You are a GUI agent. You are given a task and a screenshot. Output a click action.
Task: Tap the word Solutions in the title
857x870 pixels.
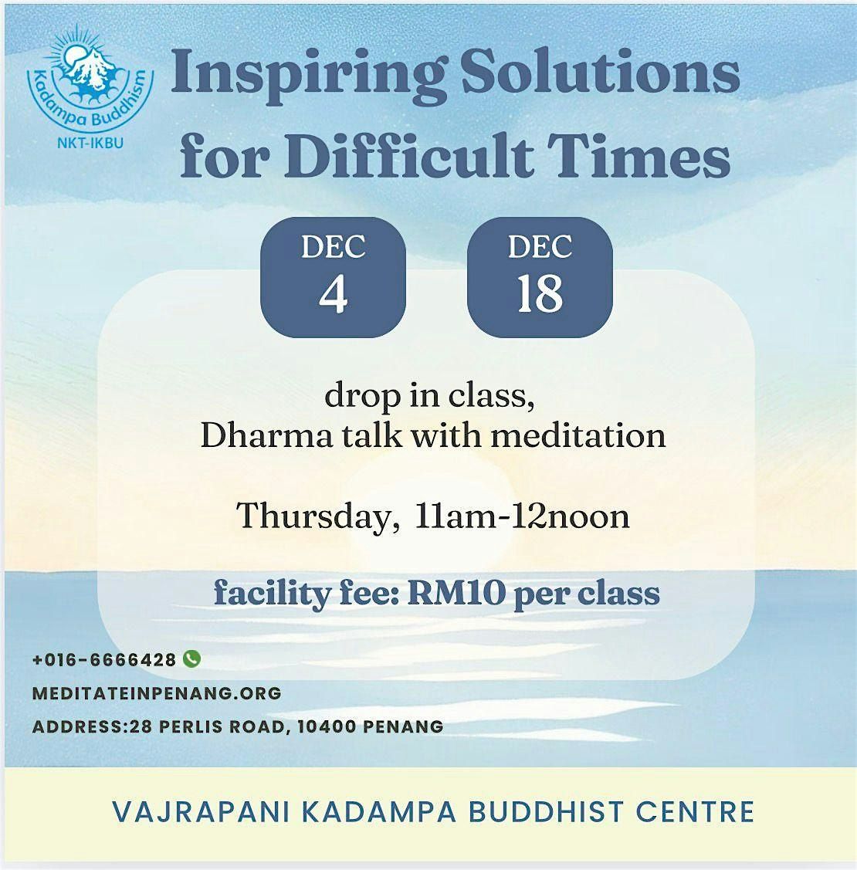(x=592, y=73)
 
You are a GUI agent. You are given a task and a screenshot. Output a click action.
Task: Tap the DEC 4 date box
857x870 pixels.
(x=333, y=278)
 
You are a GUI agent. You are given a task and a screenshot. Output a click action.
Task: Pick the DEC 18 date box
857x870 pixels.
(x=540, y=278)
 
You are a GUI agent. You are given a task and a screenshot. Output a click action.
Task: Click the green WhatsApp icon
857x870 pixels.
(x=191, y=658)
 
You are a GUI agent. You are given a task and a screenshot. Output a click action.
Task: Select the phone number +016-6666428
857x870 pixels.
(x=104, y=660)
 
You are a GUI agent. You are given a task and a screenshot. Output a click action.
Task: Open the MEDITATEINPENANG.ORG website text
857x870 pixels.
(x=157, y=693)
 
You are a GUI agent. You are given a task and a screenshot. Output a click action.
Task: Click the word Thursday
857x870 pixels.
(x=313, y=516)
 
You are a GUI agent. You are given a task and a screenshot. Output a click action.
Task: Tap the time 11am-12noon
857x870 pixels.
(x=522, y=516)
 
